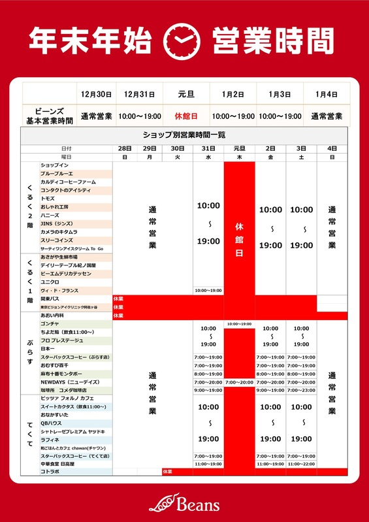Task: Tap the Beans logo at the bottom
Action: [184, 502]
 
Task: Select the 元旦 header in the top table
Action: [185, 94]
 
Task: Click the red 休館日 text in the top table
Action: [185, 116]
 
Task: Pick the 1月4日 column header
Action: [325, 94]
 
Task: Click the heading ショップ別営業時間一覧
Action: [184, 135]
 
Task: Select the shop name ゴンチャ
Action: [50, 324]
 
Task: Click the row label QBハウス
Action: [52, 423]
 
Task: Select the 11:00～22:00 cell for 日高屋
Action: [301, 463]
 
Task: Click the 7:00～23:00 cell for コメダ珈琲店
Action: [301, 390]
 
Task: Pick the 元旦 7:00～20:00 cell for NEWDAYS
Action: [239, 382]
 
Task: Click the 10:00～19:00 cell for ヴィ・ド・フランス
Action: [208, 290]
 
